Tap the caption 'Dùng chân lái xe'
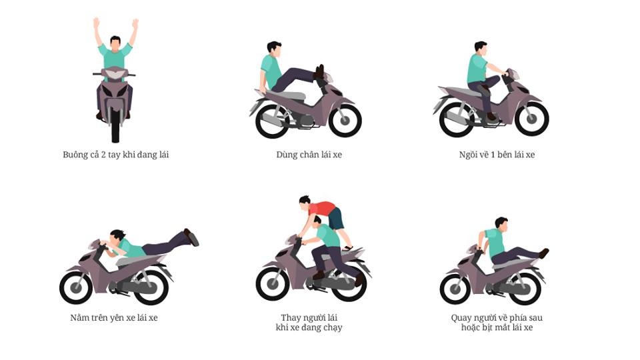coord(309,155)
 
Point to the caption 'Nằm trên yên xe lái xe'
coord(114,317)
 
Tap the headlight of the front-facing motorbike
coord(115,74)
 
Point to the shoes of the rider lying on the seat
coord(192,237)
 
